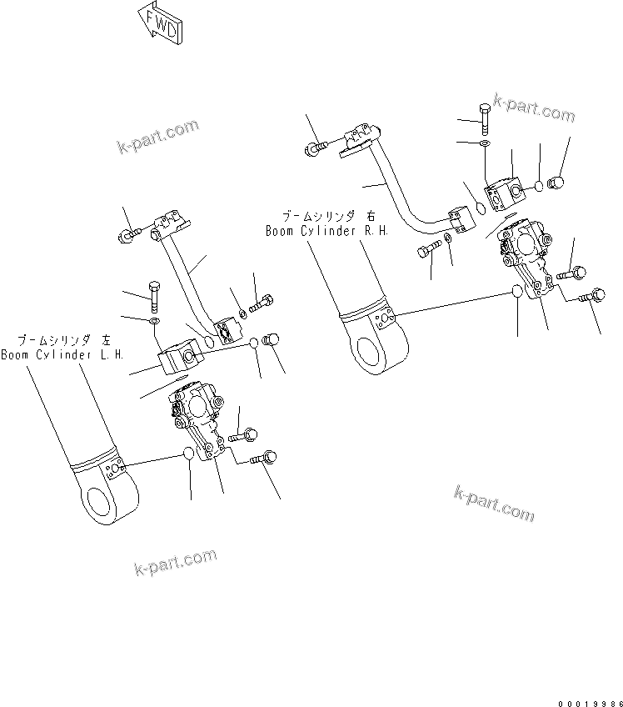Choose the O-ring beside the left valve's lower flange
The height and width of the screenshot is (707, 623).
coord(190,454)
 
